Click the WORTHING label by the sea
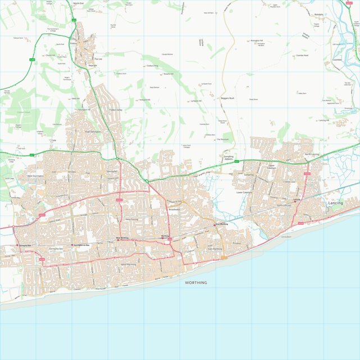coord(196,282)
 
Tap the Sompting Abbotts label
coord(228,158)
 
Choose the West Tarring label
coord(131,219)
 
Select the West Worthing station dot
coord(117,238)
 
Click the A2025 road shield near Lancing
coord(307,174)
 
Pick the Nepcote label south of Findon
coord(92,66)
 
